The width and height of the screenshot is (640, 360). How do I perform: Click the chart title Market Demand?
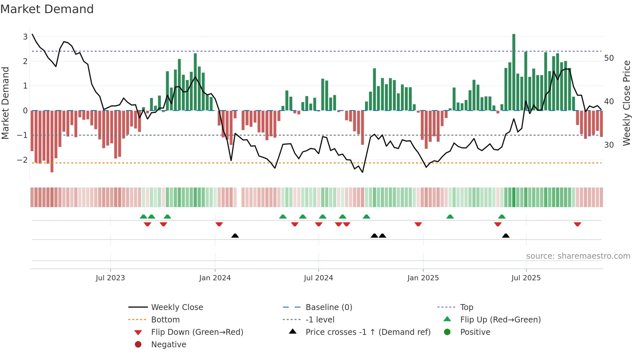coord(47,9)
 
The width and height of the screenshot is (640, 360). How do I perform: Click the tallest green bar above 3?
coord(514,72)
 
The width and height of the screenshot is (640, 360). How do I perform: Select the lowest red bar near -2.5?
coord(52,141)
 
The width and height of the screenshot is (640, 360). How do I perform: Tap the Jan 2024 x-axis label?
coord(215,278)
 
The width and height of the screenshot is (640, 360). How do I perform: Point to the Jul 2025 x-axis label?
coord(526,278)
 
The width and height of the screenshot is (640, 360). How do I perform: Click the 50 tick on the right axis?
coord(609,58)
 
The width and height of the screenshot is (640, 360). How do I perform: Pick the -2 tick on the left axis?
coord(22,160)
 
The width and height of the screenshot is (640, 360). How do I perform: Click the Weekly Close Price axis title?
coord(626,103)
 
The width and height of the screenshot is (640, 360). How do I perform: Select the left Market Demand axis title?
coord(5,103)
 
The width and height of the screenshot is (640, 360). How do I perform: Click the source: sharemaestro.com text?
coord(578,256)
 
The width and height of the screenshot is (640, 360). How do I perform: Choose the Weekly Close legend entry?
coord(177,307)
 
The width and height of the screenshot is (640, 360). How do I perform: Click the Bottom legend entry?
coord(165,320)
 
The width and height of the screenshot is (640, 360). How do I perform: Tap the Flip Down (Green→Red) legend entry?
coord(197,332)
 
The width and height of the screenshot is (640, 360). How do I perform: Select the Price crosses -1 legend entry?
coord(368,332)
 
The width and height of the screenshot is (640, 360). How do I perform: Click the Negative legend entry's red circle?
coord(138,345)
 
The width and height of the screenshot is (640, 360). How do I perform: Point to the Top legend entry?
coord(466,307)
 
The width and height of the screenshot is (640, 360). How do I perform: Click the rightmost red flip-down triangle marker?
coord(577,224)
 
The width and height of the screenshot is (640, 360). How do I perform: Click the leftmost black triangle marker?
coord(235,236)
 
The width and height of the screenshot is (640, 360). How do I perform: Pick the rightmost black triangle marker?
coord(505,236)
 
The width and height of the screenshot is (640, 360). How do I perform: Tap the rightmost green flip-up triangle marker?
coord(502,217)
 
